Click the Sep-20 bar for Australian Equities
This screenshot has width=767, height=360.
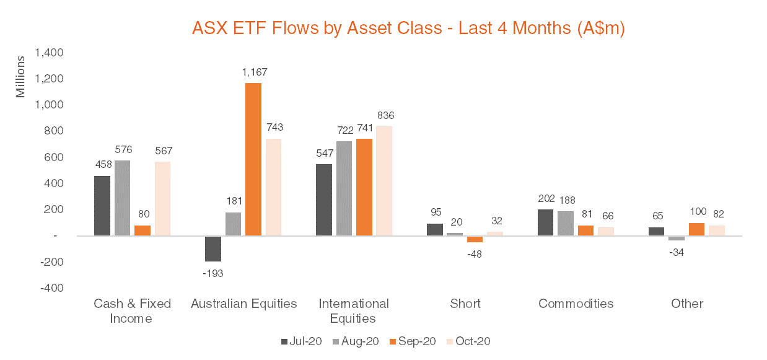(253, 159)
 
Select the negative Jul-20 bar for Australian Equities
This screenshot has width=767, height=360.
(213, 248)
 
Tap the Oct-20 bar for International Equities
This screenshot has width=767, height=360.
(384, 181)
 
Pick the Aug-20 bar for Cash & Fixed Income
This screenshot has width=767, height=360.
(123, 198)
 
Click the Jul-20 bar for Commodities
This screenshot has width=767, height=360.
(546, 222)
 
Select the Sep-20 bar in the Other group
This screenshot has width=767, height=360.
(696, 229)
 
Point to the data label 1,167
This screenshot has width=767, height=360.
(253, 72)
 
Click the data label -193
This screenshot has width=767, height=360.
(213, 273)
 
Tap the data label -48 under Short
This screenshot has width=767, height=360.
(474, 254)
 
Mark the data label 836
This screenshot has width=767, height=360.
(384, 116)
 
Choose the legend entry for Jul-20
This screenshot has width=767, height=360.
(301, 341)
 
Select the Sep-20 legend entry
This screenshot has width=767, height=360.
(413, 341)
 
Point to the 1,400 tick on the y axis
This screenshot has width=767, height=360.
(50, 53)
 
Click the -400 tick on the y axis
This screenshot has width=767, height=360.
(51, 288)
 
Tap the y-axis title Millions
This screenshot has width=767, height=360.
(20, 77)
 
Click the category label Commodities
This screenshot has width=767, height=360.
(576, 304)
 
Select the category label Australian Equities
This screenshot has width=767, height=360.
(243, 304)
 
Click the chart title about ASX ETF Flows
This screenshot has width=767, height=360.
(408, 29)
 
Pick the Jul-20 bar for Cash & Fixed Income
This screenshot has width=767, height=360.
(102, 206)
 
